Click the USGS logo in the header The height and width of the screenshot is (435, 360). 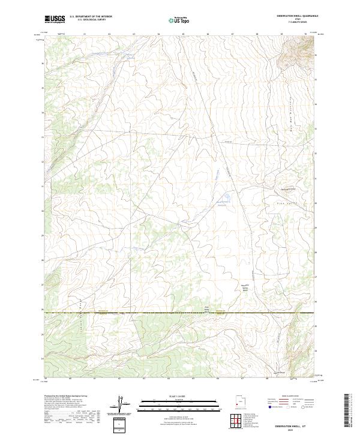pyautogui.click(x=55, y=19)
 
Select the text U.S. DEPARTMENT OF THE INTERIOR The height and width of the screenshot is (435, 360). pyautogui.click(x=91, y=16)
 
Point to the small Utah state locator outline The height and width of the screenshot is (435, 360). pyautogui.click(x=238, y=403)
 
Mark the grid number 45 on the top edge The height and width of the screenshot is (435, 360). pyautogui.click(x=183, y=35)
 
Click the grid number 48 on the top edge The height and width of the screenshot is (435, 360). pyautogui.click(x=257, y=35)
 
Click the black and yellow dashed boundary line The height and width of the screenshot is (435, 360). pyautogui.click(x=180, y=313)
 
